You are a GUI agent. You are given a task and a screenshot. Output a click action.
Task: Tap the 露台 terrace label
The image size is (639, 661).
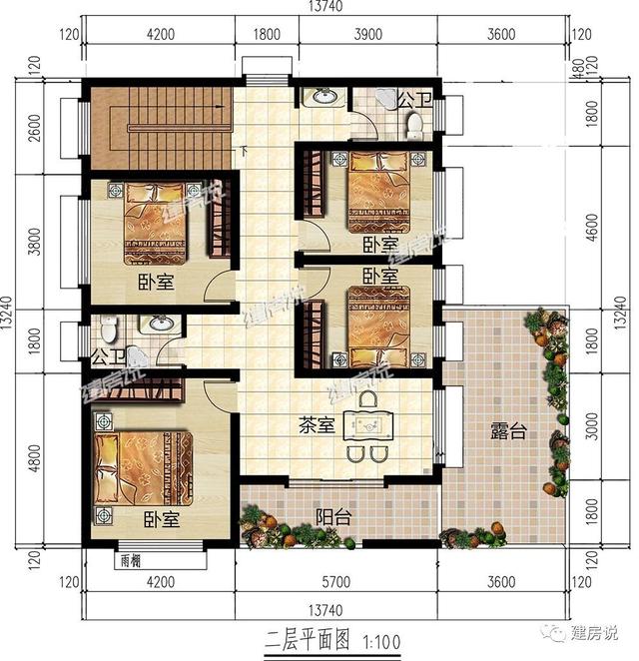[507, 431]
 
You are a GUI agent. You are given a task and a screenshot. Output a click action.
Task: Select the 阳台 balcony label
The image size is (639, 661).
[331, 517]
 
